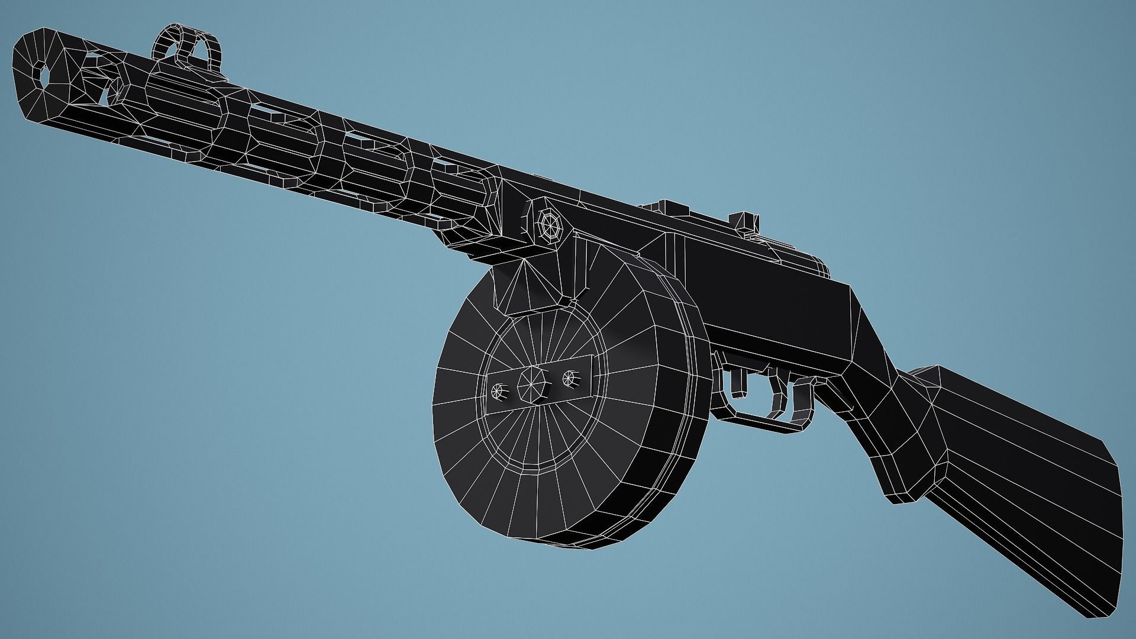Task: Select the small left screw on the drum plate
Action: (x=499, y=390)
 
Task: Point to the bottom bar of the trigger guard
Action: (x=763, y=421)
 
